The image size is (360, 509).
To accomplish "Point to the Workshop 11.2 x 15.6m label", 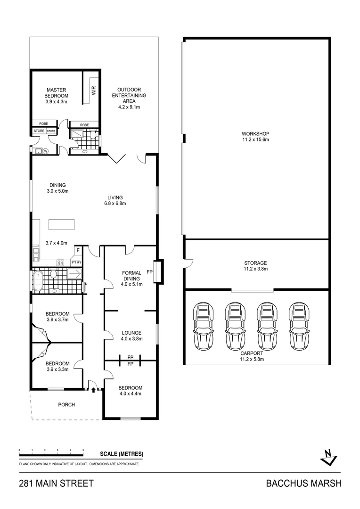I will [255, 137].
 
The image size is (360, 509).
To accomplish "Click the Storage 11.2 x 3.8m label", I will [255, 266].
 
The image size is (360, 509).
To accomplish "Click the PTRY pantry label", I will [76, 262].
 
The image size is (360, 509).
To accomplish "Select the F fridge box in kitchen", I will [78, 251].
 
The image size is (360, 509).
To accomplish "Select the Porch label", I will [66, 404].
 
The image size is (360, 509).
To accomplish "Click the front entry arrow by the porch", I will [94, 390].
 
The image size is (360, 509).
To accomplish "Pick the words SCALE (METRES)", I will [122, 454].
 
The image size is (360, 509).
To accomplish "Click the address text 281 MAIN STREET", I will [56, 483].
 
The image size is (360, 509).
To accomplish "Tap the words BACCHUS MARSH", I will [303, 483].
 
